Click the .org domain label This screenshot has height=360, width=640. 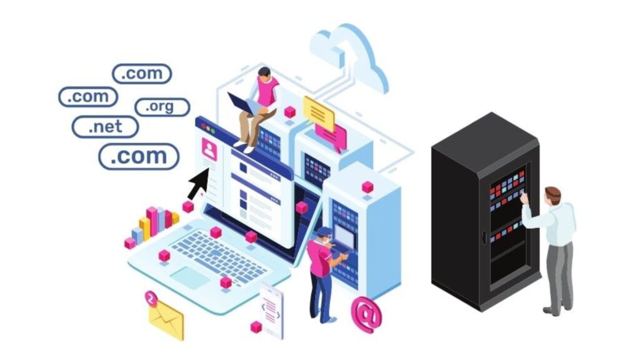[x=162, y=107]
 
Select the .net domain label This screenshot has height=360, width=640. [x=105, y=126]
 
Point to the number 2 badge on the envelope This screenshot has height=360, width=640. [x=151, y=299]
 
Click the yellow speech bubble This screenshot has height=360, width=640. [x=319, y=112]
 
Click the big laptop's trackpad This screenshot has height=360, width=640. [x=189, y=277]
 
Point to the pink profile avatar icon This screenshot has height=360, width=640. [x=209, y=149]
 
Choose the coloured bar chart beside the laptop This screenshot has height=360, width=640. [x=152, y=226]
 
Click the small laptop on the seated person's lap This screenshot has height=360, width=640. [x=244, y=104]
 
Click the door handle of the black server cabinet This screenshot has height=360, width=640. [x=484, y=237]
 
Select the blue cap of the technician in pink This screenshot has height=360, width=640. [x=324, y=232]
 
